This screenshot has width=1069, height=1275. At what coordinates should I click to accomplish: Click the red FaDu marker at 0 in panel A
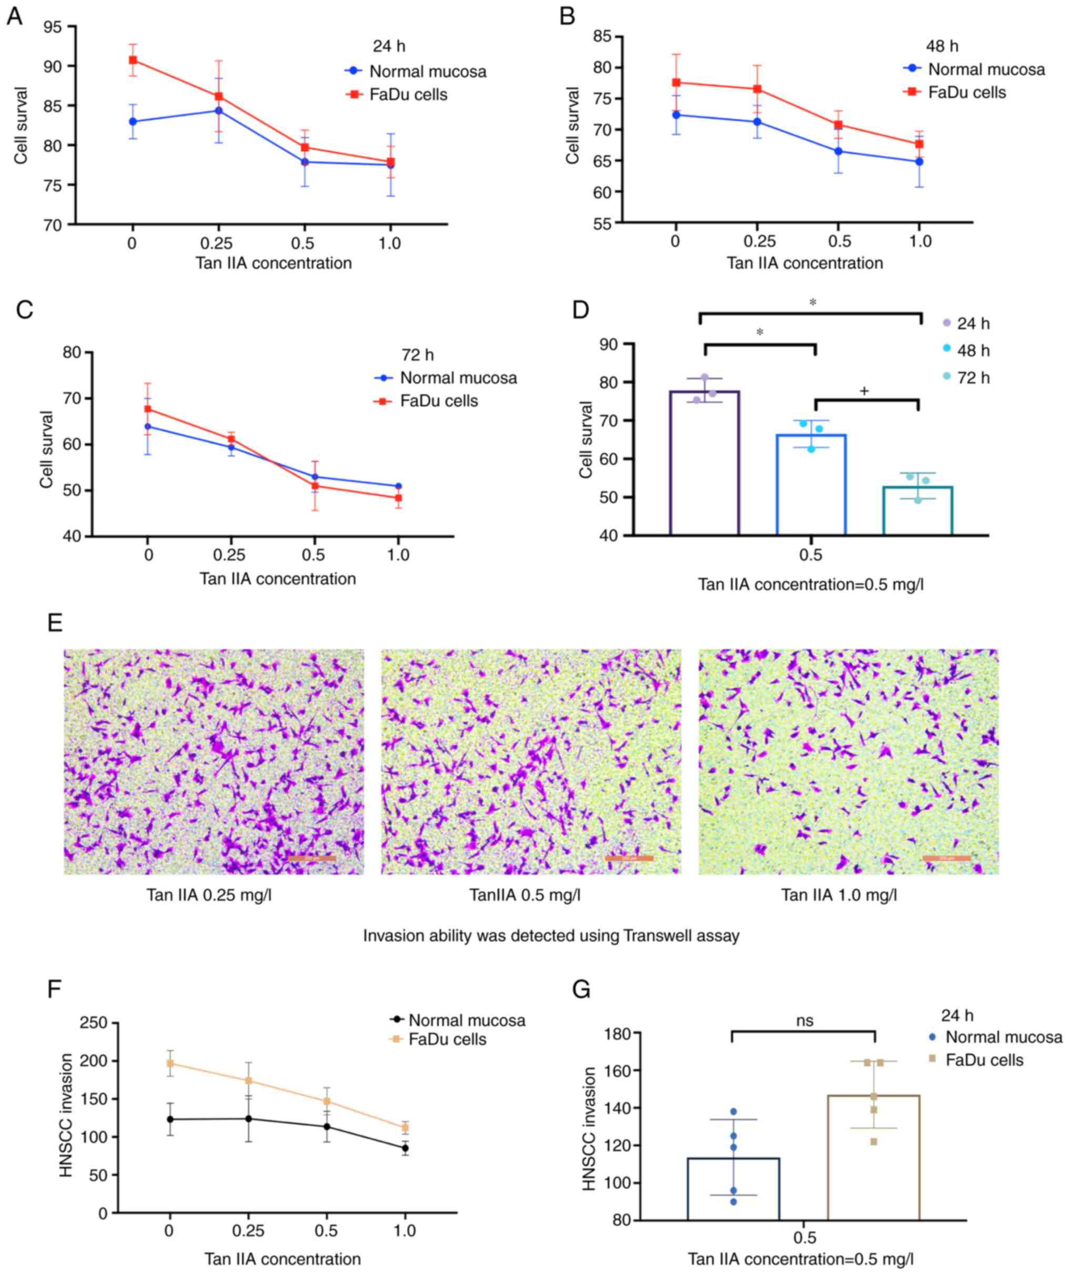(x=133, y=60)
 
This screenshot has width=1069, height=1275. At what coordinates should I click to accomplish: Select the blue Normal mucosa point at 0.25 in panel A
(x=218, y=110)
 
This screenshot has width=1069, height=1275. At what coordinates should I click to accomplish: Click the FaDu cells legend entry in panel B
(x=966, y=93)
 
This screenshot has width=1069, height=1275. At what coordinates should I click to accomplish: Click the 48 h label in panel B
(x=942, y=46)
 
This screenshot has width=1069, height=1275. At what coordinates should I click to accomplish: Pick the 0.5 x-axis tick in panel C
(x=314, y=555)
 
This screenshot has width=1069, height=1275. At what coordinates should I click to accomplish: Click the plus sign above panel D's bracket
(x=864, y=392)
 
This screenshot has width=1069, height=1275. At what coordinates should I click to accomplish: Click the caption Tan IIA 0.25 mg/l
(x=209, y=895)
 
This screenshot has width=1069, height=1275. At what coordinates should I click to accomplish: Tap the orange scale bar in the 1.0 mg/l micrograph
(x=946, y=858)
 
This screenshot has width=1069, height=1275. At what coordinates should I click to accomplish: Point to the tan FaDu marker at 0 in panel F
(x=170, y=1064)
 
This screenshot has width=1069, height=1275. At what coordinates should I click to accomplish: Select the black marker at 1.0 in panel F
(x=405, y=1148)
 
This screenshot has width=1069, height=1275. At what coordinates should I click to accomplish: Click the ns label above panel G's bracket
(x=804, y=1021)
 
